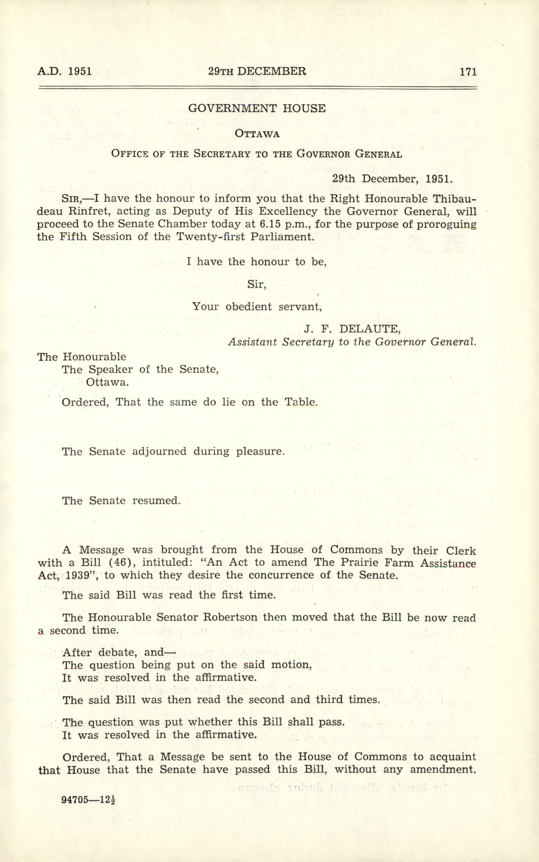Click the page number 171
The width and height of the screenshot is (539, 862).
tap(468, 72)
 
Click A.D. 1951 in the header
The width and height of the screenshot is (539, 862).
tap(65, 71)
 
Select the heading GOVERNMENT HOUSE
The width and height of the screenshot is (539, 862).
tap(257, 109)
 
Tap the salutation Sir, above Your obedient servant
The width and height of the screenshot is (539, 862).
tap(257, 284)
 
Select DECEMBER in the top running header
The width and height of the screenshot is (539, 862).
tap(271, 71)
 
